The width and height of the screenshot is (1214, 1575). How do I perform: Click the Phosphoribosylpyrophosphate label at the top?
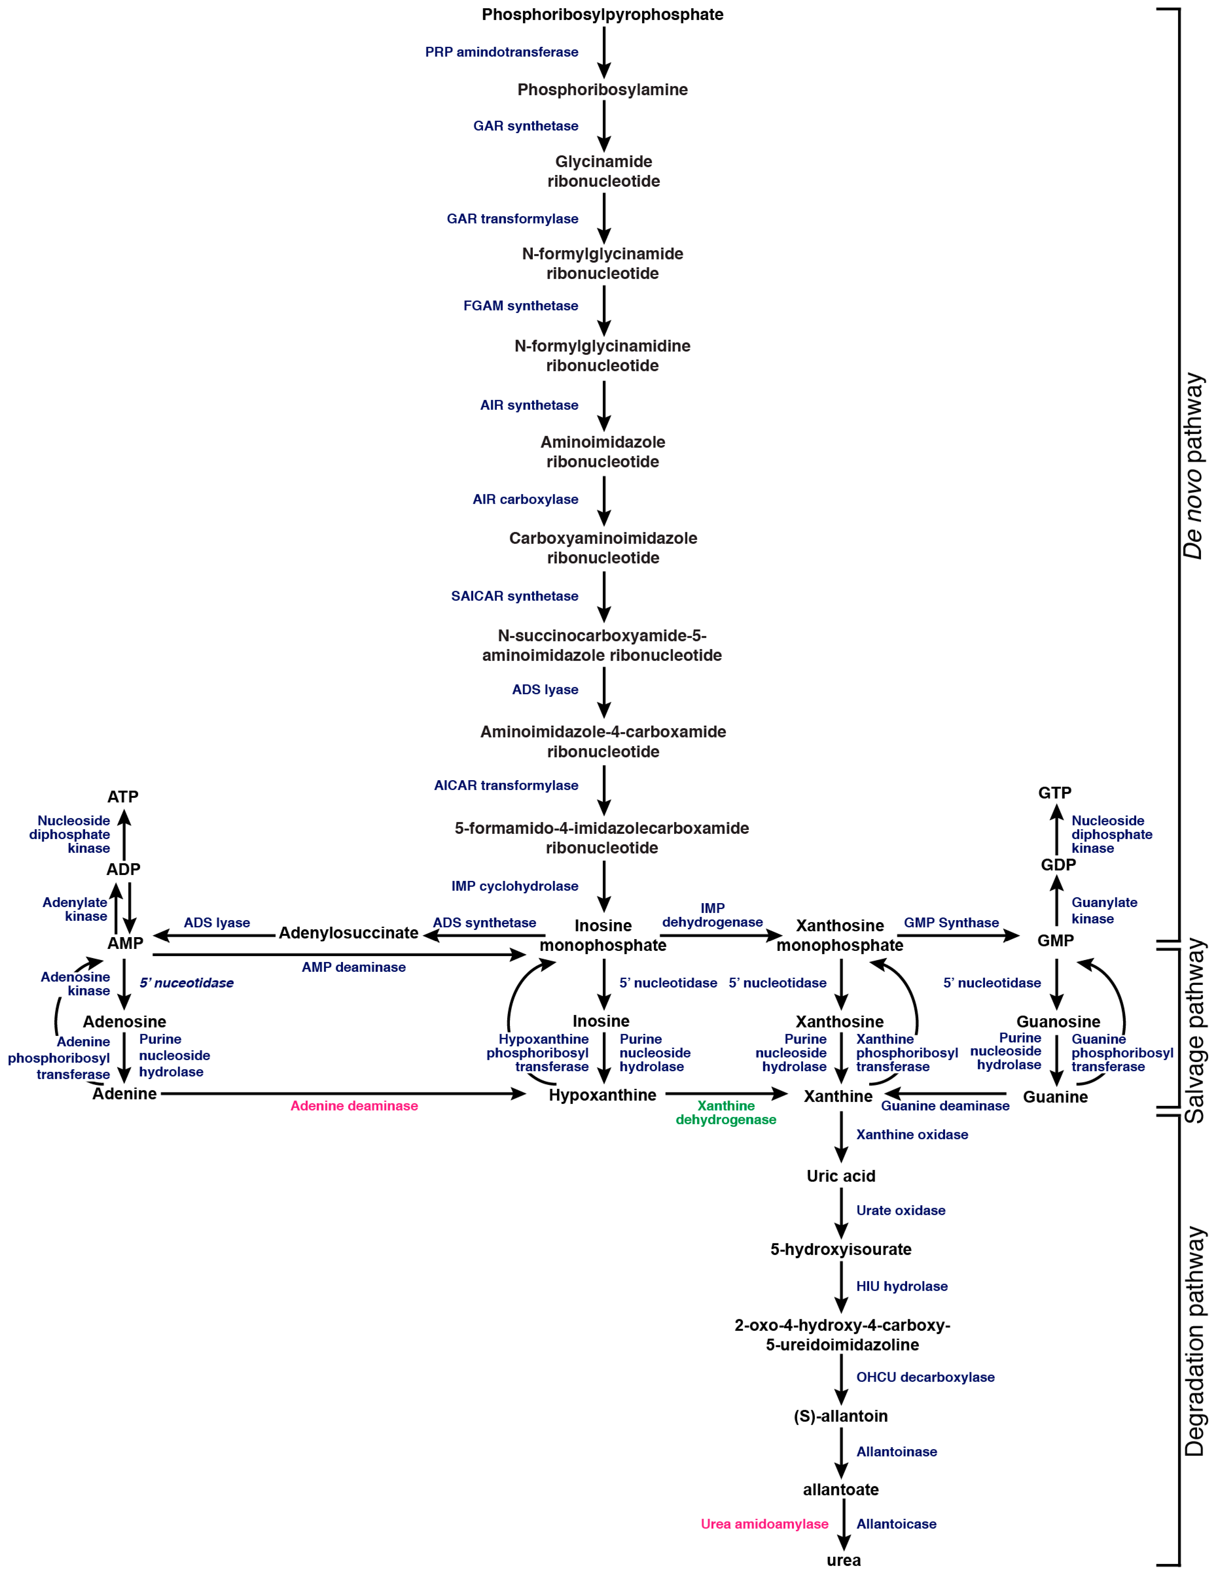click(x=602, y=14)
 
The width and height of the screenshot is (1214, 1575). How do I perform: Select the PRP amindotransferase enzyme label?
click(x=501, y=52)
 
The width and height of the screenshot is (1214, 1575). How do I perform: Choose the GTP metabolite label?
click(x=1055, y=793)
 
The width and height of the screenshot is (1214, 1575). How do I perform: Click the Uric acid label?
click(x=840, y=1176)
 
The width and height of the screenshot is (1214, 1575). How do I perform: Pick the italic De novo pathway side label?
click(x=1194, y=465)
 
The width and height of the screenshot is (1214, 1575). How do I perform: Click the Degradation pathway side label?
click(x=1194, y=1341)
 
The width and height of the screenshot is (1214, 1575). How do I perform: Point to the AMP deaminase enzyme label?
click(x=353, y=967)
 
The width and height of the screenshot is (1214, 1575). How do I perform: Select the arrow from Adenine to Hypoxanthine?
click(x=343, y=1093)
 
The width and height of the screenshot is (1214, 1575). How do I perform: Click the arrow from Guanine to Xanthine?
click(x=945, y=1093)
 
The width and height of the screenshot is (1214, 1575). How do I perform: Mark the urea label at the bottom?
click(x=843, y=1560)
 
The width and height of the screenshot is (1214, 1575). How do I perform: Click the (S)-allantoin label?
click(x=840, y=1416)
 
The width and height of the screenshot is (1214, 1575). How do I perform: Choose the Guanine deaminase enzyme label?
click(x=945, y=1106)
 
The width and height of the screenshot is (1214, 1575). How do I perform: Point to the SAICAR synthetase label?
click(x=514, y=596)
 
